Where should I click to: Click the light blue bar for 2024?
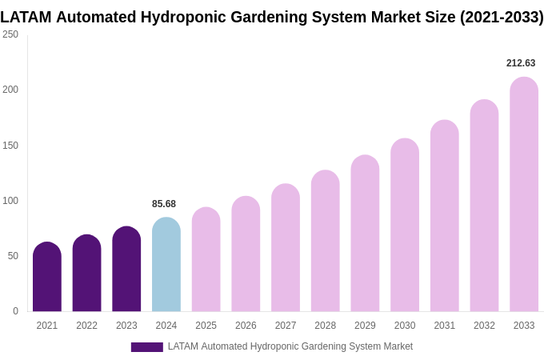point(166,265)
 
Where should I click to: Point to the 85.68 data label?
point(164,204)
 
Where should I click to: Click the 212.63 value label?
point(521,63)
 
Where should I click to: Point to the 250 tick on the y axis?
point(10,34)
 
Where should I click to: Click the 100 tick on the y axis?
point(10,201)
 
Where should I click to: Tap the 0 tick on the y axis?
point(15,311)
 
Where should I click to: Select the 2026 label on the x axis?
point(246,326)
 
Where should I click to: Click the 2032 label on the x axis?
point(484,326)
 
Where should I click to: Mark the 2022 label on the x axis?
point(86,326)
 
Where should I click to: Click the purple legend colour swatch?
point(146,347)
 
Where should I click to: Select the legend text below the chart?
point(290,346)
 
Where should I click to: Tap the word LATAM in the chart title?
point(26,17)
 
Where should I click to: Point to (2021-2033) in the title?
point(502,17)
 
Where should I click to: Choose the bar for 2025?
point(206,259)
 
